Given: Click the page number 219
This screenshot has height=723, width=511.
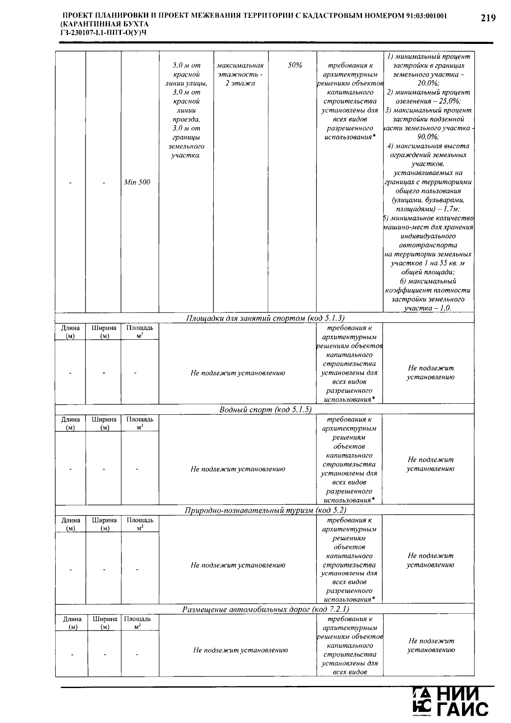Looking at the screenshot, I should click(x=488, y=18).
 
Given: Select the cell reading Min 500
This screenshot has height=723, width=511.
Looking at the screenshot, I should click(x=137, y=182).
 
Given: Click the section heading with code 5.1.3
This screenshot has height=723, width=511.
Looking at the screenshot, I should click(x=265, y=318).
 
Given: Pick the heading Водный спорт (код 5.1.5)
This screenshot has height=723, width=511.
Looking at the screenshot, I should click(x=265, y=410).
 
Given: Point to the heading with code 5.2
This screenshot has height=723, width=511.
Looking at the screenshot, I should click(x=265, y=510).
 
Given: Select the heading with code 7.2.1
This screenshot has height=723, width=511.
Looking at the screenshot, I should click(x=265, y=609).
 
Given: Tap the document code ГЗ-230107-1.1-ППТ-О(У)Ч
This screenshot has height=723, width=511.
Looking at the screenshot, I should click(x=103, y=32).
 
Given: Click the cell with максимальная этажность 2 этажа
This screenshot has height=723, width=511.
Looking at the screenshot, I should click(x=240, y=75).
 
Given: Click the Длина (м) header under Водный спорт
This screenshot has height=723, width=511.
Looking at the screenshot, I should click(x=70, y=423).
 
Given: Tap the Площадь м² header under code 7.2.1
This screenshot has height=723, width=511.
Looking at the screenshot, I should click(x=138, y=622).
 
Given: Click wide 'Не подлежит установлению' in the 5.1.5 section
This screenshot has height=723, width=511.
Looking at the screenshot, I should click(x=238, y=469).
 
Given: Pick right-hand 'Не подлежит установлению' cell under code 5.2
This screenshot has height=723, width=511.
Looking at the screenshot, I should click(x=431, y=560).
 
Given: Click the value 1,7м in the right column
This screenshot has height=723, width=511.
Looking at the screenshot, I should click(x=451, y=209).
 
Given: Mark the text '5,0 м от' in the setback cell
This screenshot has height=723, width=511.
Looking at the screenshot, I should click(x=186, y=66).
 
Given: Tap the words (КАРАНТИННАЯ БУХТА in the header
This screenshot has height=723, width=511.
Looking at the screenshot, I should click(x=105, y=24).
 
